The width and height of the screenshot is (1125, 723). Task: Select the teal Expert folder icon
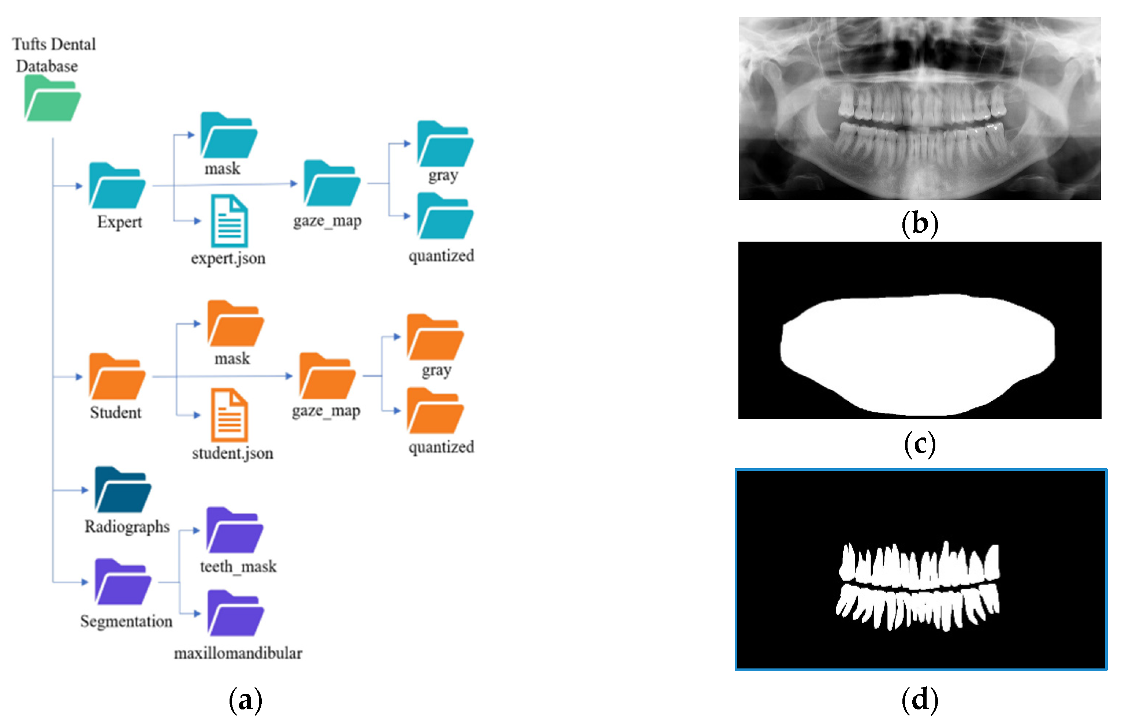tap(117, 186)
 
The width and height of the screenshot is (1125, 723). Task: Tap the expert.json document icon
tap(229, 221)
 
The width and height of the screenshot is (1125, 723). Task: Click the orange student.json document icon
tap(229, 415)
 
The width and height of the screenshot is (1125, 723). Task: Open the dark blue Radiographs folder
tap(123, 490)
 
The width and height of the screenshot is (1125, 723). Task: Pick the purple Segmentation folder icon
tap(123, 582)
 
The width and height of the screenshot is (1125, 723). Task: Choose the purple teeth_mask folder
tap(235, 530)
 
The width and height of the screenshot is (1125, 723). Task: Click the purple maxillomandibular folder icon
tap(236, 614)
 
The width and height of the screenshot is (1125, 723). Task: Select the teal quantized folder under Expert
tap(445, 216)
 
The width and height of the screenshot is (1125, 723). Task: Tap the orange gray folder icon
tap(435, 338)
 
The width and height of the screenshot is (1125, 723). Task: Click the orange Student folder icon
tap(117, 377)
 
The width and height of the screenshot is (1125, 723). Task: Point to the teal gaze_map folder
tap(332, 183)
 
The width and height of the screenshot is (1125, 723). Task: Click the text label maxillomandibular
tap(238, 653)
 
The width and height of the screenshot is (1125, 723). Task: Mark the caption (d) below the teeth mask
tap(919, 700)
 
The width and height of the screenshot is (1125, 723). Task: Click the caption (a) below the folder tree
tap(245, 700)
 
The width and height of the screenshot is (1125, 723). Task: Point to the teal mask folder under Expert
tap(229, 136)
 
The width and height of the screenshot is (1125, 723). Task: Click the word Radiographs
tap(127, 527)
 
